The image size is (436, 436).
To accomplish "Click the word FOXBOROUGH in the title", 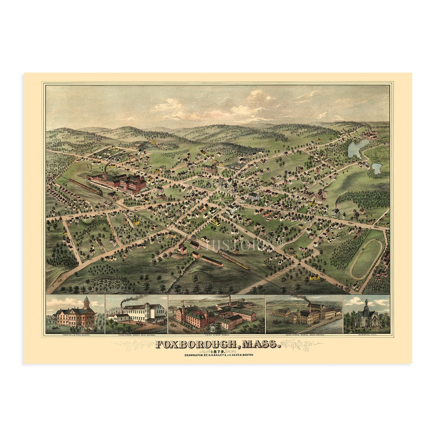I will coord(195,344).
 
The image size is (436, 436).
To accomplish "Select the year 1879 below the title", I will coord(218,351).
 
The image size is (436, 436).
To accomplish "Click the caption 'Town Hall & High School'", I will coord(75,335).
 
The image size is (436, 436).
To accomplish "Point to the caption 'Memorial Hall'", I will coord(366,335).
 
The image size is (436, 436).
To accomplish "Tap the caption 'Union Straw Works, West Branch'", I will coord(137,335).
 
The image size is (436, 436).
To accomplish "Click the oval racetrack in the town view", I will coord(366,259).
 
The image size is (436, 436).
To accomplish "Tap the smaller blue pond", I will coord(377,168).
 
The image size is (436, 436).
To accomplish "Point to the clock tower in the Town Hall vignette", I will coord(86,303).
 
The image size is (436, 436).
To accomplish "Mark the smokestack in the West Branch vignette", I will coord(122,308).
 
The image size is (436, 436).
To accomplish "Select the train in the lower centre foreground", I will coord(234,260).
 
